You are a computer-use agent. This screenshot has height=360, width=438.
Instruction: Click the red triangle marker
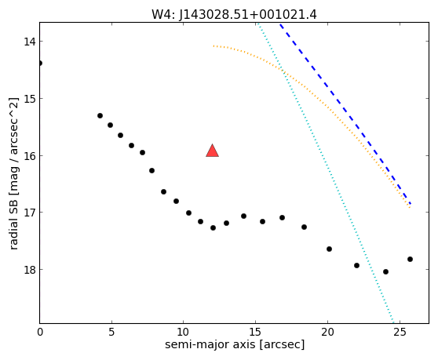212,151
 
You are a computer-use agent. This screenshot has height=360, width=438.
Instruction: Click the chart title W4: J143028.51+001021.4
234,14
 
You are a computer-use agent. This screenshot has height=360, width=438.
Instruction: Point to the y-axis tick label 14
29,42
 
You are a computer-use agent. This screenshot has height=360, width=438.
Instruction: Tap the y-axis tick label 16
29,156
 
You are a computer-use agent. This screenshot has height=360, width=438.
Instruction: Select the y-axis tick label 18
29,270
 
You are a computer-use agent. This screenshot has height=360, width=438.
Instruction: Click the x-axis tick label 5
111,332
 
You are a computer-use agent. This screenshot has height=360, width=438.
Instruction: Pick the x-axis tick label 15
256,332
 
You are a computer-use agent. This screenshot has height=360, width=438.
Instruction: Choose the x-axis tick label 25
400,332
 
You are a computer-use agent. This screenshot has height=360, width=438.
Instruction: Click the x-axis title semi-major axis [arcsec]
235,344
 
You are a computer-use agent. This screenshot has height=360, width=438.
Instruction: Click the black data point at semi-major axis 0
40,63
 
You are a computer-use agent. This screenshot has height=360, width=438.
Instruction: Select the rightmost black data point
410,260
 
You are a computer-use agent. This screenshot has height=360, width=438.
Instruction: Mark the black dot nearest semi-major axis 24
385,272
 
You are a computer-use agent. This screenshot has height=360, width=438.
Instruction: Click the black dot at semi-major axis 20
330,249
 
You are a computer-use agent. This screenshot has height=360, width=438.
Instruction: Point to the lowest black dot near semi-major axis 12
214,228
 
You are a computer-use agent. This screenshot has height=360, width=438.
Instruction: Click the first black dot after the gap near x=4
100,116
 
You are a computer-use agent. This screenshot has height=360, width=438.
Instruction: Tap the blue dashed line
345,114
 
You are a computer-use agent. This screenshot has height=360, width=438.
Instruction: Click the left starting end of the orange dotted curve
214,45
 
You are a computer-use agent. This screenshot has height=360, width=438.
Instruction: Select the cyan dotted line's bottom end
393,322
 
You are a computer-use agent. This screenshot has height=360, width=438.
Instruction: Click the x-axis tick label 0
40,332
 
